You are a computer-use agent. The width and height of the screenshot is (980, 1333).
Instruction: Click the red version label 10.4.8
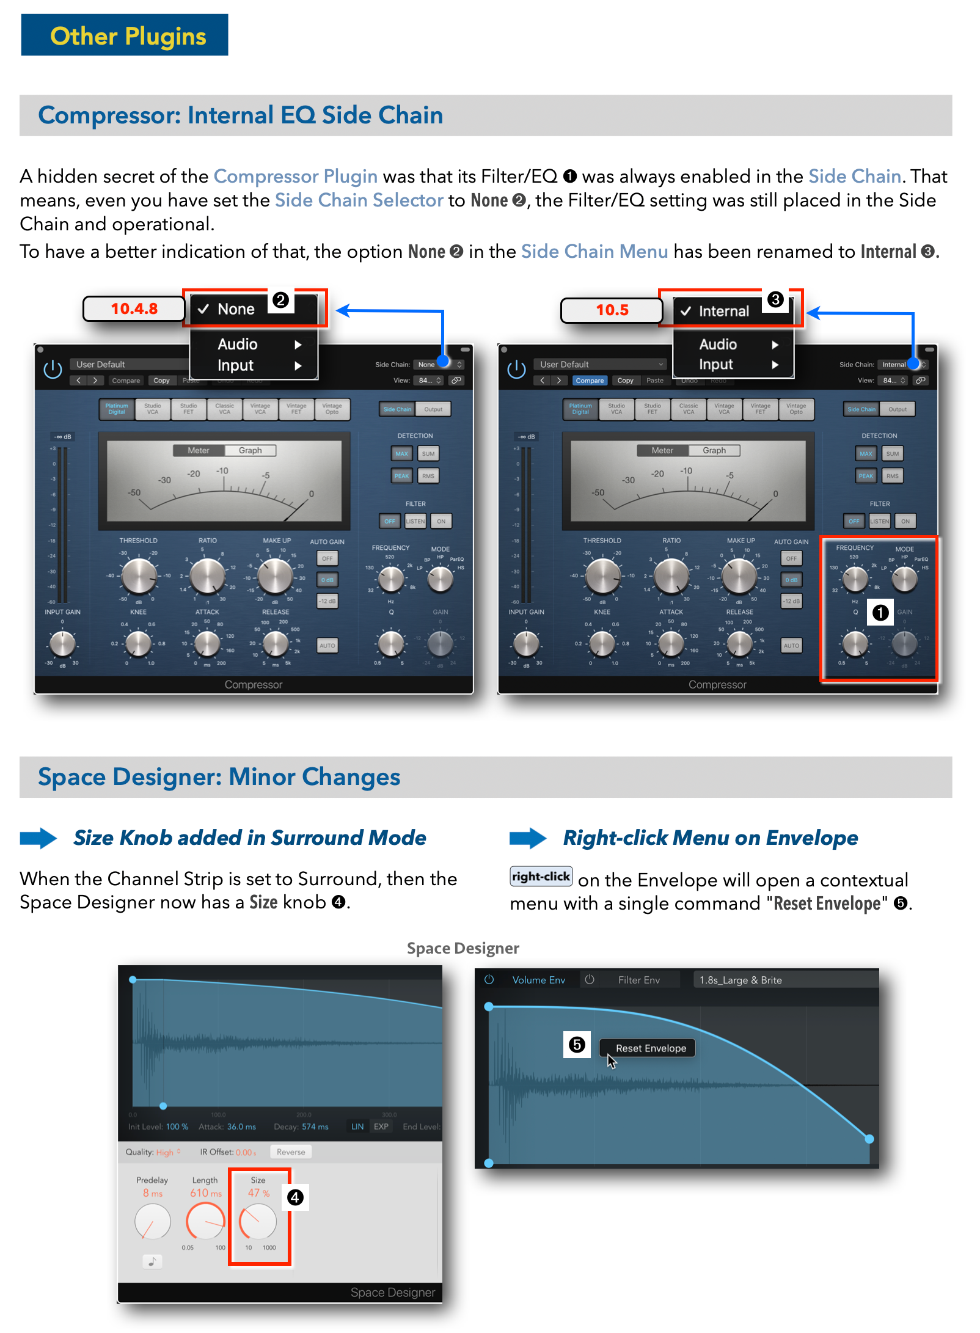[134, 309]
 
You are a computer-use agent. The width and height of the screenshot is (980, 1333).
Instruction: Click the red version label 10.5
[612, 310]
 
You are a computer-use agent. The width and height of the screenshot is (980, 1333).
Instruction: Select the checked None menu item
[235, 309]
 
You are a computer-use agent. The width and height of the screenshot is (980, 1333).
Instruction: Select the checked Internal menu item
[723, 312]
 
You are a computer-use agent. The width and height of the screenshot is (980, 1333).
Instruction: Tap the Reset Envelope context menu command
[650, 1048]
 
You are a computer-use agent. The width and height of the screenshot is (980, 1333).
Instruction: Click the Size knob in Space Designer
[258, 1222]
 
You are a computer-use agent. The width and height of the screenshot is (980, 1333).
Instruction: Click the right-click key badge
[541, 877]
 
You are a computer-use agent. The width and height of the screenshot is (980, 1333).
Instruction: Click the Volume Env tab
[538, 980]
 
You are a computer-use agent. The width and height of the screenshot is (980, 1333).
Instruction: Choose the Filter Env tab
[638, 980]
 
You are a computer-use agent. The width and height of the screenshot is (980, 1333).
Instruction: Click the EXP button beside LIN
[381, 1127]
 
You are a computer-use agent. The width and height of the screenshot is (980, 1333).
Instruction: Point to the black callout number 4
[295, 1197]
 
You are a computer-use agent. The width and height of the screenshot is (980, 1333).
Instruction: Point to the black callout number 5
[577, 1045]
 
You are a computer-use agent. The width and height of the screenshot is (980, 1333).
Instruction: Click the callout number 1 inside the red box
[880, 612]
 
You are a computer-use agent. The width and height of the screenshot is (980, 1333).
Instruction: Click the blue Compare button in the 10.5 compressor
[590, 381]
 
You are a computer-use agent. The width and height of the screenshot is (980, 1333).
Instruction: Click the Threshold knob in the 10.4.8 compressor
[139, 576]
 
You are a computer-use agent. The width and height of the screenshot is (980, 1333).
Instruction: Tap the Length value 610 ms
[206, 1193]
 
